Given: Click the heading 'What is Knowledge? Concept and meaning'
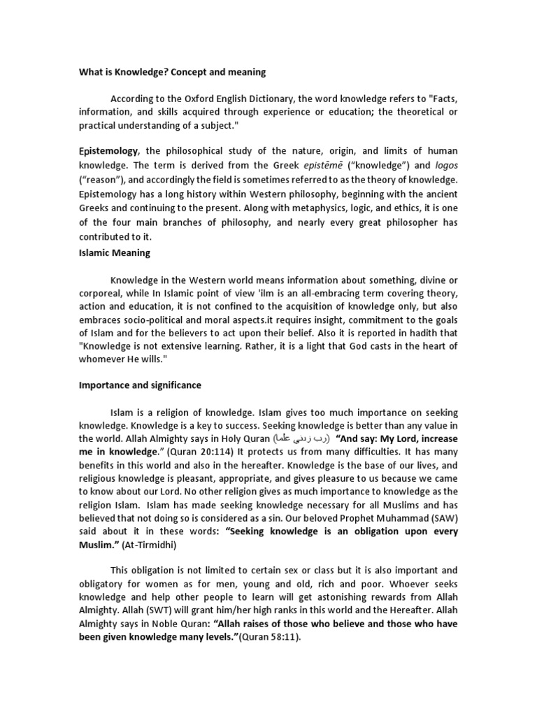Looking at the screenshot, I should click(x=171, y=72).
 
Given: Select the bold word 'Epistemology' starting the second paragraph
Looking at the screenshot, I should click(x=108, y=151).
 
